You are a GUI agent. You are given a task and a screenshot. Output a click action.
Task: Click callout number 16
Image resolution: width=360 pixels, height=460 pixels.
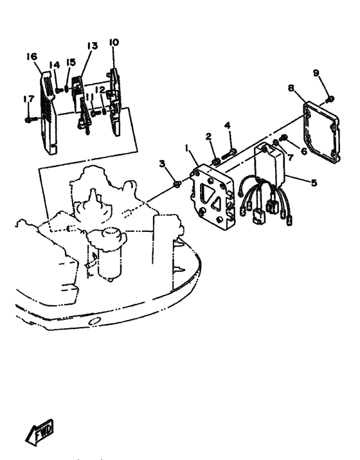(32, 57)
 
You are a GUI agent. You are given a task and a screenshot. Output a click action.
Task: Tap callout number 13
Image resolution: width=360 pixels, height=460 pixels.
(92, 46)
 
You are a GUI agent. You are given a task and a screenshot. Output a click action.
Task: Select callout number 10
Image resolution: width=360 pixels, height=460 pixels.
(114, 42)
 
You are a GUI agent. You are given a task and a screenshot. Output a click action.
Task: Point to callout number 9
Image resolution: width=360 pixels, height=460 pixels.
(316, 73)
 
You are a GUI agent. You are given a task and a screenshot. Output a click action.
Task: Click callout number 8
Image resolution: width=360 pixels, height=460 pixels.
(291, 87)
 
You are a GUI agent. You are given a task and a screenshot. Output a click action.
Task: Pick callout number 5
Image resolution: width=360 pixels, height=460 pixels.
(314, 182)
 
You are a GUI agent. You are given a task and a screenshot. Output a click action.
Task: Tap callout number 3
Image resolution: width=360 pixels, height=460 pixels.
(163, 163)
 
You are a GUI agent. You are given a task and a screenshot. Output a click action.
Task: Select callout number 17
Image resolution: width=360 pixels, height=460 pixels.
(29, 99)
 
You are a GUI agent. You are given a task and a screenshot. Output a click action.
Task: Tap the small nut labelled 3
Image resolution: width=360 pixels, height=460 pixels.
(177, 184)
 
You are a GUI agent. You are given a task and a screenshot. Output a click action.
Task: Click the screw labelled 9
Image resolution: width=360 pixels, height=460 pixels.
(330, 99)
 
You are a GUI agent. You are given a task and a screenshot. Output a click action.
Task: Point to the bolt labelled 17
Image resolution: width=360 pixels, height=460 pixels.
(31, 119)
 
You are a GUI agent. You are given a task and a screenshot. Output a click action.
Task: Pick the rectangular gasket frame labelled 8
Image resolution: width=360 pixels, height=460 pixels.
(321, 132)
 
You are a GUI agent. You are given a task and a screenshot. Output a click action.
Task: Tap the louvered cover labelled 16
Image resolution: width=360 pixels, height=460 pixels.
(48, 113)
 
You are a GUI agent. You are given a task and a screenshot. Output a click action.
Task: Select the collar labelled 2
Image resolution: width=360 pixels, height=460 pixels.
(216, 162)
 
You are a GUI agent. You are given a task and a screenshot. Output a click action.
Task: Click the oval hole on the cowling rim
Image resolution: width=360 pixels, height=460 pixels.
(95, 321)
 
